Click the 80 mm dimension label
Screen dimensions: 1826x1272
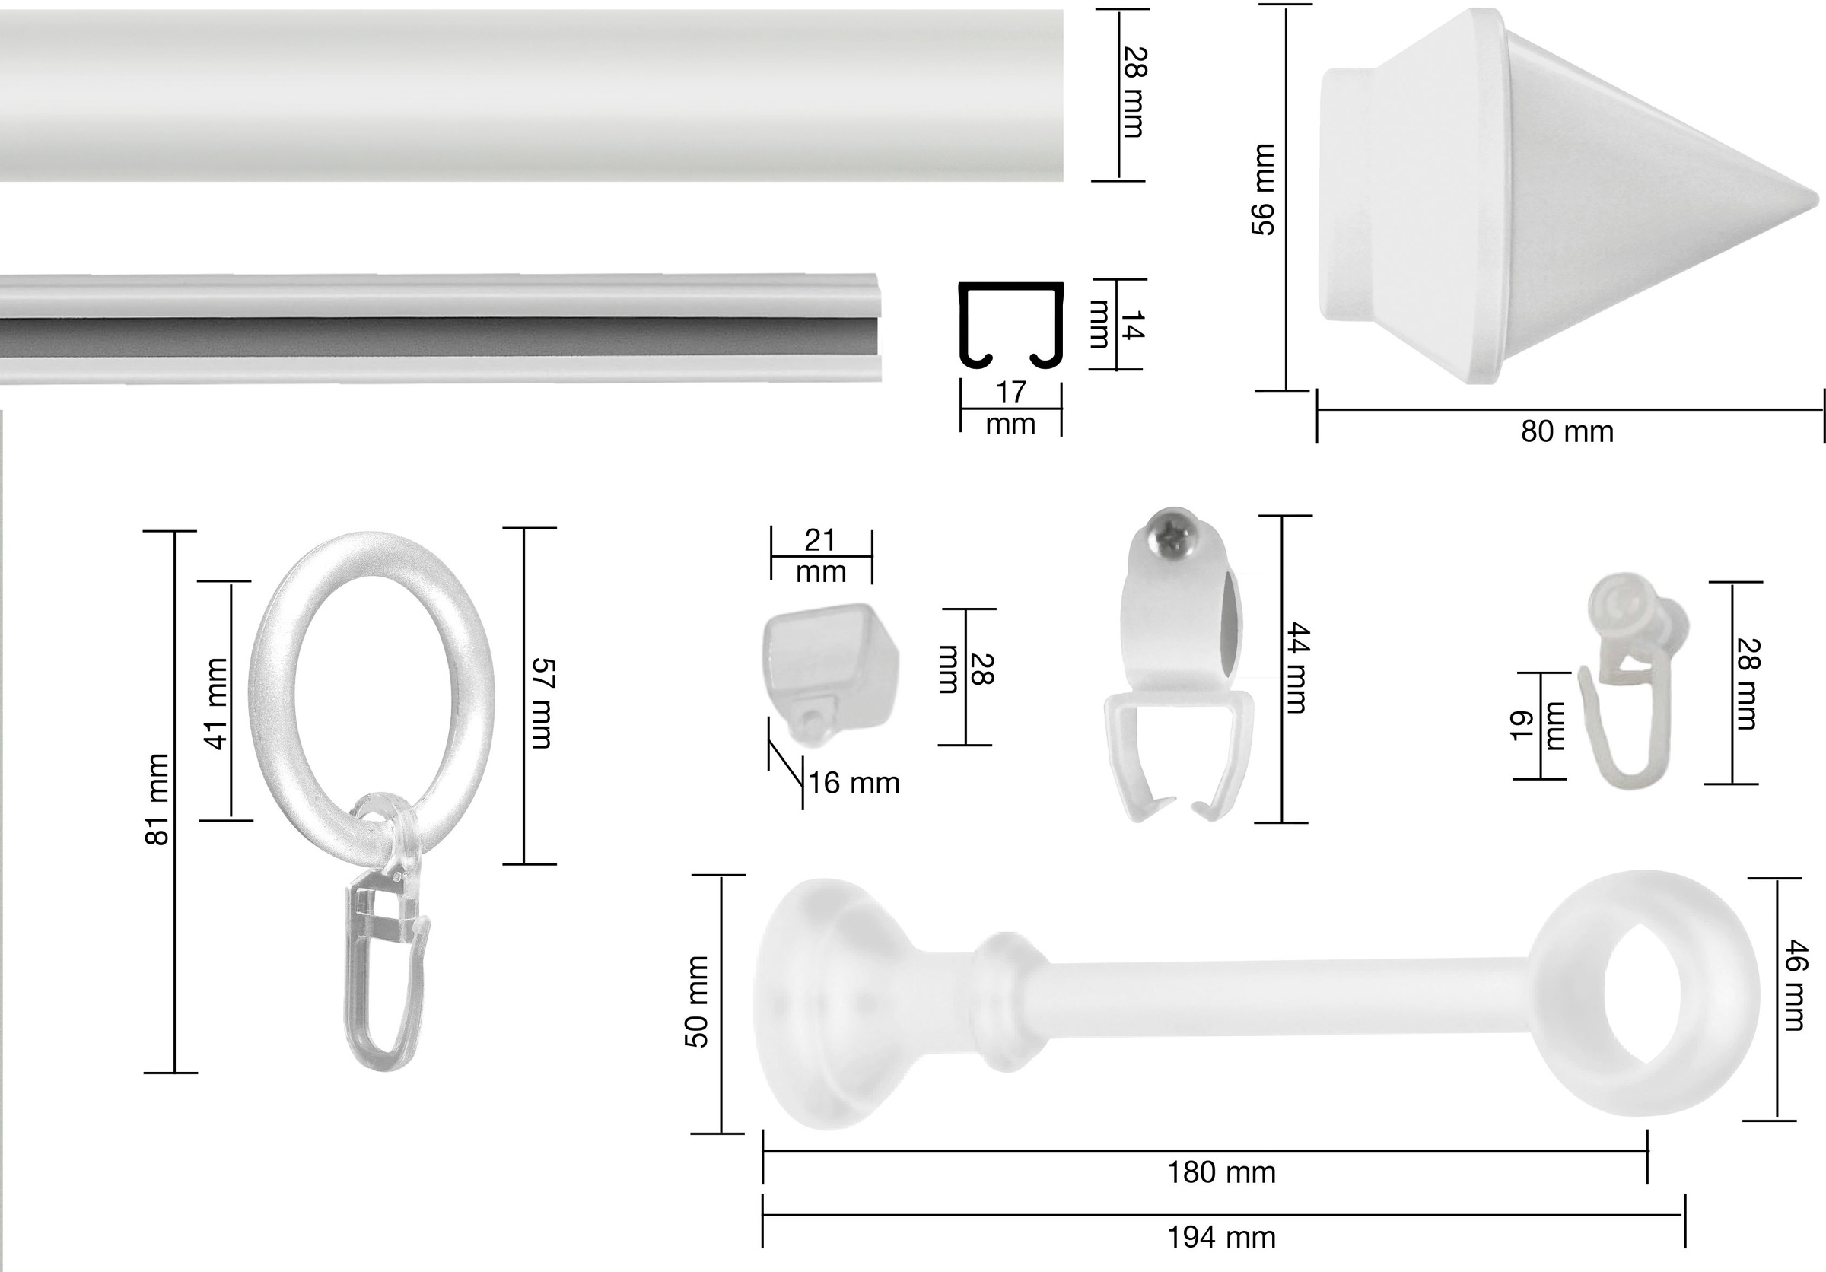1567,431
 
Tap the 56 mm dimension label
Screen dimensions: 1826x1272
1263,189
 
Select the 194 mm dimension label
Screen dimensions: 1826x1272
1222,1237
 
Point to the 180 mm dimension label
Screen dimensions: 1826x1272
1222,1172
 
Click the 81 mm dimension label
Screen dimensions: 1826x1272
158,800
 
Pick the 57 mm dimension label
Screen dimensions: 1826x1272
540,703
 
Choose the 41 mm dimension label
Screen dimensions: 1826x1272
215,704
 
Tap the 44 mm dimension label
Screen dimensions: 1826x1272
1296,669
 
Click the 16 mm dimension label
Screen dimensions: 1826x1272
854,783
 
